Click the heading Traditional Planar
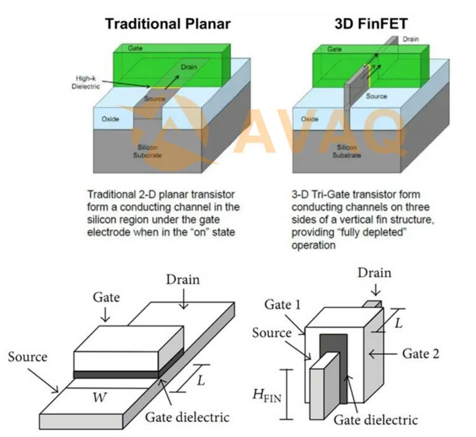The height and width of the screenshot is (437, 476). [168, 24]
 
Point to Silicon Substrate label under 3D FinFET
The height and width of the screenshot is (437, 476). [346, 151]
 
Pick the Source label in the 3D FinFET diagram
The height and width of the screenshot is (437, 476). [376, 96]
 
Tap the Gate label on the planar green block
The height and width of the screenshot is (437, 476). [135, 48]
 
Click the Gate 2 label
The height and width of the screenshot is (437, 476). [420, 353]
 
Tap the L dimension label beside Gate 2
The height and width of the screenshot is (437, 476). [398, 324]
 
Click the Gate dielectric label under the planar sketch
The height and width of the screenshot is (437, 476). [187, 417]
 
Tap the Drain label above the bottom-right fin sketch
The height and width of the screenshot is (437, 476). [374, 272]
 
